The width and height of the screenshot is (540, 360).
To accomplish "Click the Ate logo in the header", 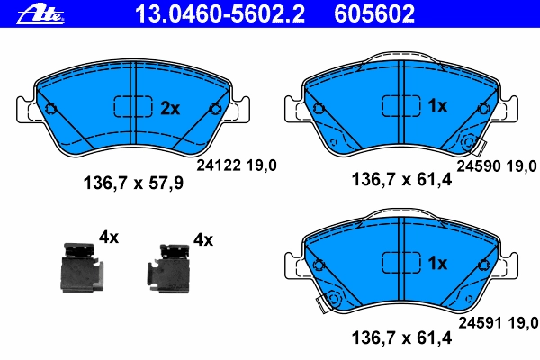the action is [40, 15].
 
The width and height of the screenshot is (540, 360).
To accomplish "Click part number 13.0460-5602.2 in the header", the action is [220, 13].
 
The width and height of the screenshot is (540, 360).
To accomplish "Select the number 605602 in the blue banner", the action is [374, 13].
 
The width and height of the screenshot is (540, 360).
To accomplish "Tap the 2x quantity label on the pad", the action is [170, 109].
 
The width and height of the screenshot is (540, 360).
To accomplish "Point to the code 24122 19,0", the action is [237, 166].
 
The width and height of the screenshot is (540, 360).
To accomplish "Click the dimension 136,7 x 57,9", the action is [133, 183].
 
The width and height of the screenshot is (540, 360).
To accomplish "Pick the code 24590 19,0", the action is [497, 166].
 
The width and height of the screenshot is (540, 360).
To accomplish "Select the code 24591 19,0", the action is [498, 323].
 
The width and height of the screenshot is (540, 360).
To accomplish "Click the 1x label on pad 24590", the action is [437, 106].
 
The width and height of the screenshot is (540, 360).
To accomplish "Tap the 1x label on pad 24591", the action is [437, 263].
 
